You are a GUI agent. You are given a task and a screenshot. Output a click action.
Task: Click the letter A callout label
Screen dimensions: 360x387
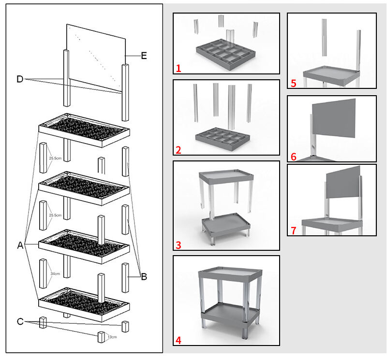20,245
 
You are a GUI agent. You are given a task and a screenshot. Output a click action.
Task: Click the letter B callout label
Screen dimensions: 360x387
144,277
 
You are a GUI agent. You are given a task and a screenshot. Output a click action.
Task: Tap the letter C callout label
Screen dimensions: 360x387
20,321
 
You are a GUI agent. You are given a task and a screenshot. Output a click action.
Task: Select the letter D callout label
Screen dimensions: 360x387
20,79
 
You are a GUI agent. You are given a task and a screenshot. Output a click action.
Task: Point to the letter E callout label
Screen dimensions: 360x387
143,56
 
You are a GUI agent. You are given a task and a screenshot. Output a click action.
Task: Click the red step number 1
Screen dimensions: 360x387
179,69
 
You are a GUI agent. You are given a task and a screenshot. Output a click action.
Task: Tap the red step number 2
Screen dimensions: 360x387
179,150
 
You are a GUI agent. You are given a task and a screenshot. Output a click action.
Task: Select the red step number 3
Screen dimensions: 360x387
179,245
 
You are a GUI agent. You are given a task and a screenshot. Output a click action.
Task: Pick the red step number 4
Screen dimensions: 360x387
179,340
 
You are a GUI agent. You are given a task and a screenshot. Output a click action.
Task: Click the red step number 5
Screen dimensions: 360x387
293,83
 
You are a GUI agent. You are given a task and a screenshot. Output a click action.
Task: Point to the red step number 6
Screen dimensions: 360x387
293,157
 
